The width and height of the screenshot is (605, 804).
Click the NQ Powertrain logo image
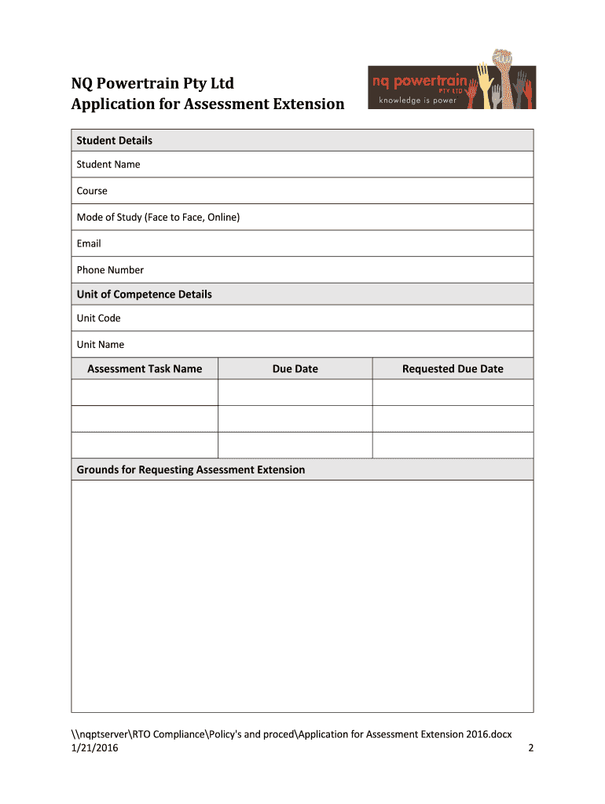pyautogui.click(x=452, y=82)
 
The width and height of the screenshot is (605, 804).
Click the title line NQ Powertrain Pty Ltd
pyautogui.click(x=152, y=83)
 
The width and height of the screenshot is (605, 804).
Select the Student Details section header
pyautogui.click(x=114, y=141)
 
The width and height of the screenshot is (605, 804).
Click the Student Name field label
pyautogui.click(x=108, y=164)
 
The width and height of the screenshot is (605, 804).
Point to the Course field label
pyautogui.click(x=92, y=191)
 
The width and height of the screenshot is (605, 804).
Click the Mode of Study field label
pyautogui.click(x=158, y=217)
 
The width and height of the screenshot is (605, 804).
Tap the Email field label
pyautogui.click(x=89, y=243)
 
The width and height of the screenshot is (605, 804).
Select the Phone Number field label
pyautogui.click(x=110, y=270)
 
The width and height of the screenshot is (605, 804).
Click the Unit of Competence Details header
pyautogui.click(x=144, y=294)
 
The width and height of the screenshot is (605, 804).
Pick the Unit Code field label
pyautogui.click(x=98, y=318)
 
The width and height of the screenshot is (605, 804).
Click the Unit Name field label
pyautogui.click(x=100, y=345)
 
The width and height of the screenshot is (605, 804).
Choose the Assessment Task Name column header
pyautogui.click(x=145, y=369)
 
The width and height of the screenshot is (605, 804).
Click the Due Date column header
pyautogui.click(x=295, y=369)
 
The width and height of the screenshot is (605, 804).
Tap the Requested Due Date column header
pyautogui.click(x=453, y=369)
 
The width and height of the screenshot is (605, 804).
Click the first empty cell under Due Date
pyautogui.click(x=295, y=393)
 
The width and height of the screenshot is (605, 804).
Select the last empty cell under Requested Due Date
pyautogui.click(x=453, y=445)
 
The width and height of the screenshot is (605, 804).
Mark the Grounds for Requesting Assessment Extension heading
pyautogui.click(x=190, y=470)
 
